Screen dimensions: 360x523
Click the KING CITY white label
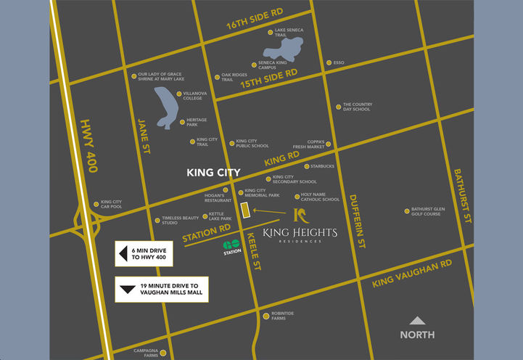tap(213, 173)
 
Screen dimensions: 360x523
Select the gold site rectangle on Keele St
tap(244, 210)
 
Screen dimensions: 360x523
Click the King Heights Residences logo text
tap(300, 232)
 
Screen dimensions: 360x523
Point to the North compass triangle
tap(417, 320)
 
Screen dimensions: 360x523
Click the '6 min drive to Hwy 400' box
tap(144, 253)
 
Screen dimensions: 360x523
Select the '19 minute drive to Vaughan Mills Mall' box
tap(162, 289)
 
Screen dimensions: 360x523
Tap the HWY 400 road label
tap(88, 145)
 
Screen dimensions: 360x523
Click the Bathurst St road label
tap(463, 195)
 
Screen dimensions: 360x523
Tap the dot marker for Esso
tap(328, 62)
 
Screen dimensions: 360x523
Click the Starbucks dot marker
tap(306, 166)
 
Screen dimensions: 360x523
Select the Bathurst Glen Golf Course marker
tap(406, 211)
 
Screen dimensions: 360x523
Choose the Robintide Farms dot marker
tap(265, 315)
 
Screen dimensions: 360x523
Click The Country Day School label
tap(357, 107)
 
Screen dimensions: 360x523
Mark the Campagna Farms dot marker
tap(163, 353)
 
